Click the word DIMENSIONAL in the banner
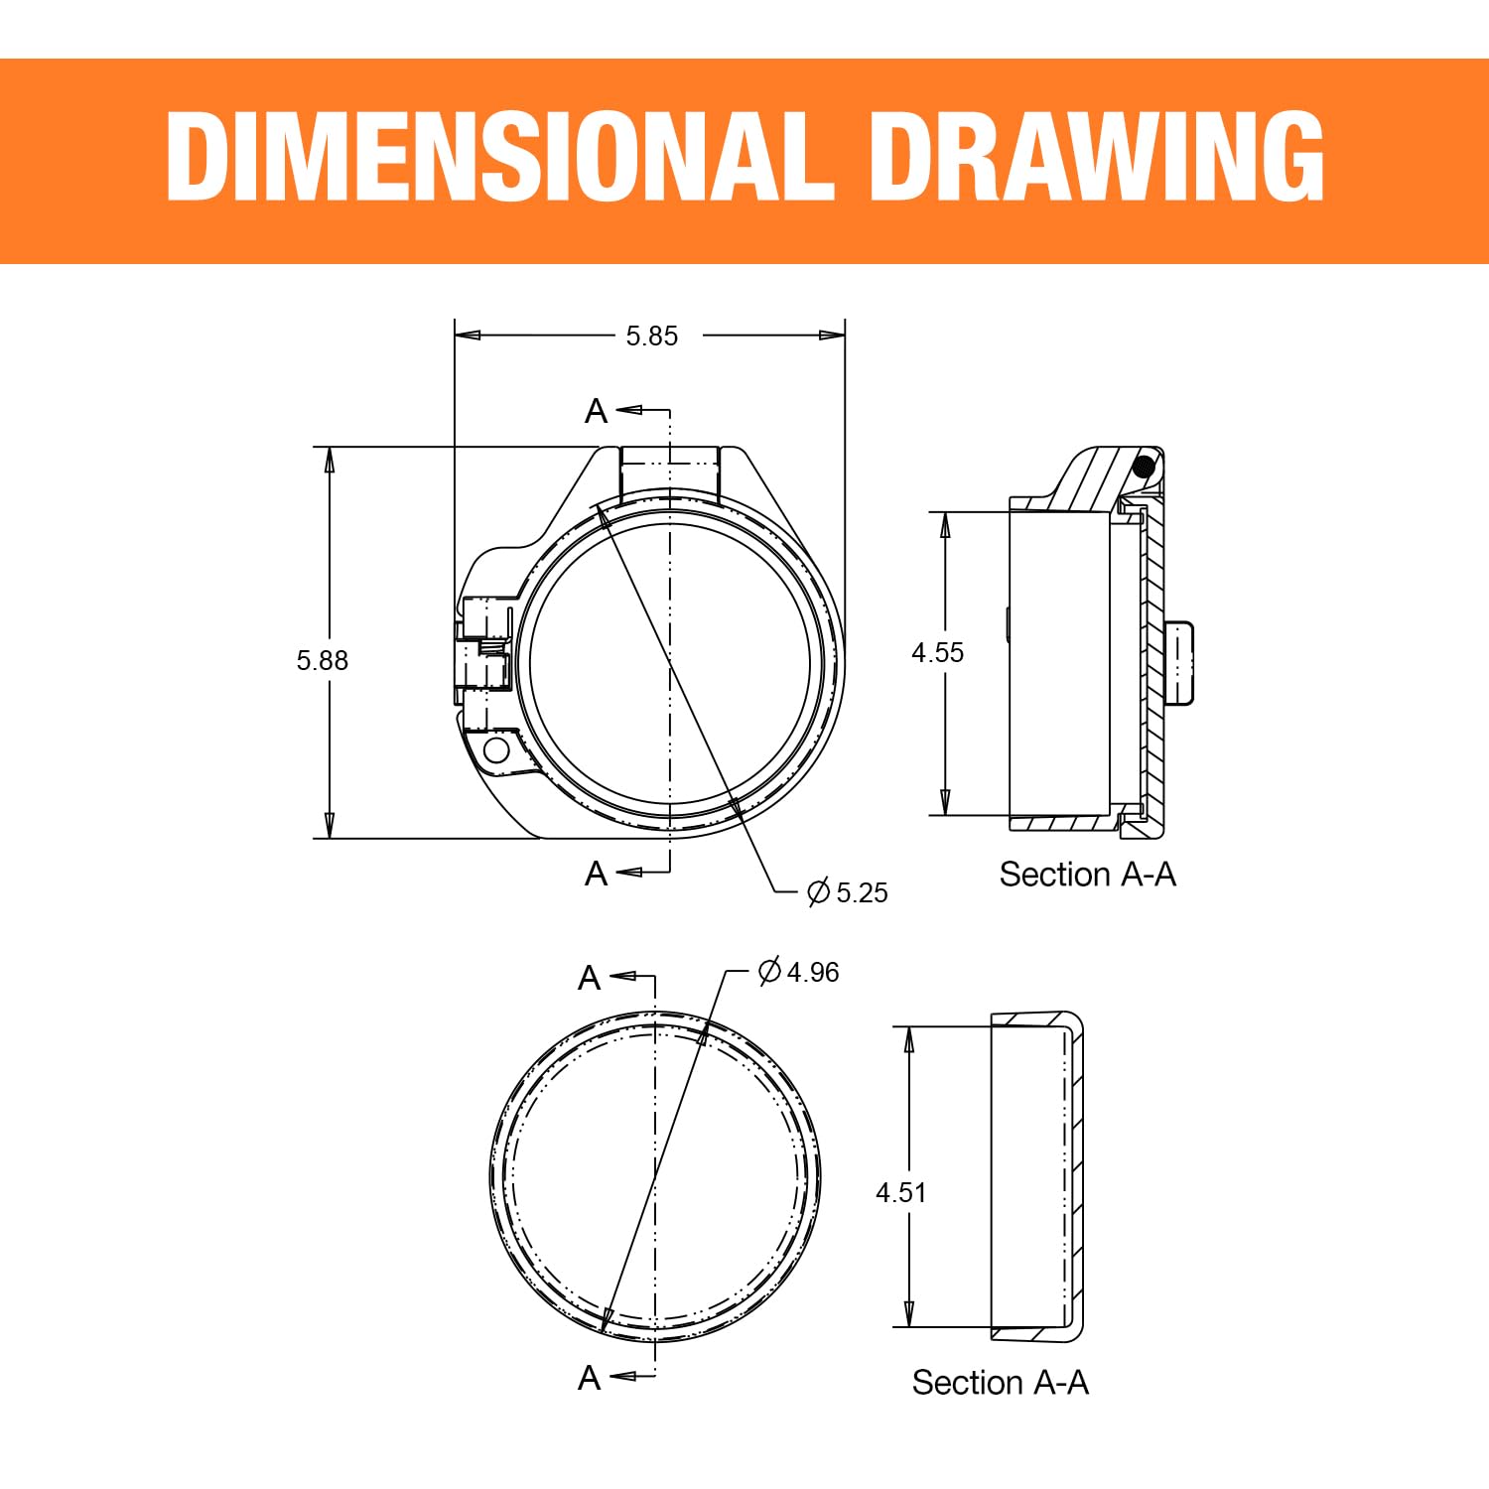(x=499, y=156)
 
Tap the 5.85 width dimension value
(x=652, y=337)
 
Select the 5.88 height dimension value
(x=323, y=661)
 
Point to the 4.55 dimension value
(x=938, y=653)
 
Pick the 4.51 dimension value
(x=901, y=1193)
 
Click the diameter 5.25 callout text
(x=848, y=892)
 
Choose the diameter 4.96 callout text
(x=798, y=971)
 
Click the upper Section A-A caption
(x=1088, y=875)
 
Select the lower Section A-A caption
(x=1001, y=1383)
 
